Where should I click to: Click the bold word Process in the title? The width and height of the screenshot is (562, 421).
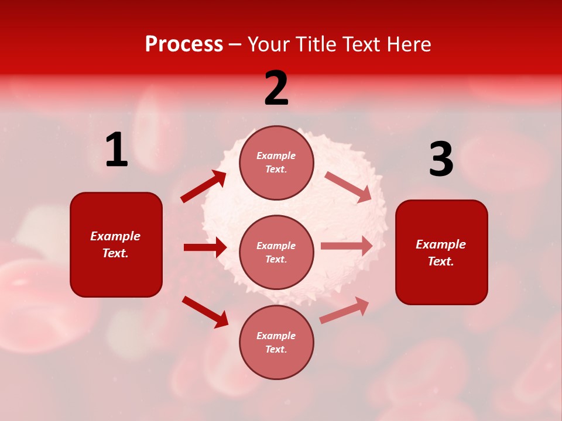click(184, 44)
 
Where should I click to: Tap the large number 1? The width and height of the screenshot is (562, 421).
click(116, 150)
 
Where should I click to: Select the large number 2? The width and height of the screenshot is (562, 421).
click(276, 88)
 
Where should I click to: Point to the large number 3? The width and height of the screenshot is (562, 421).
click(441, 160)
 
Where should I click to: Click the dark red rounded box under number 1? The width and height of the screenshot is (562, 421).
click(116, 244)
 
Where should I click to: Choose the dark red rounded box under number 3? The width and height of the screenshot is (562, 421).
click(441, 252)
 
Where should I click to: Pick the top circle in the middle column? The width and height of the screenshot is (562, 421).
click(276, 163)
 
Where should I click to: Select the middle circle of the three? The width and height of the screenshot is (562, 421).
click(276, 252)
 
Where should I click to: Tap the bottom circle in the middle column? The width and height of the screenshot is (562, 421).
click(276, 342)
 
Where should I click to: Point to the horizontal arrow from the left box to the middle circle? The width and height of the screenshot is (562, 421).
click(205, 247)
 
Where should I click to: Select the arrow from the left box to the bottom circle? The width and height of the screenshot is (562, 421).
click(205, 312)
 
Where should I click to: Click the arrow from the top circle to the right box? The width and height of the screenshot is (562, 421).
click(348, 187)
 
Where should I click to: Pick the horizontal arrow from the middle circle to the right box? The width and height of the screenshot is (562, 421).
click(347, 246)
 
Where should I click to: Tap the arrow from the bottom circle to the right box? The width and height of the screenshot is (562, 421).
click(345, 310)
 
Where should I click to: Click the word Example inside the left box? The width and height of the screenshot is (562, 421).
click(115, 236)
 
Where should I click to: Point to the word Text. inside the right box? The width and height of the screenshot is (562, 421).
click(441, 261)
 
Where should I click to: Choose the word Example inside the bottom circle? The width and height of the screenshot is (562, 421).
click(276, 336)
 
